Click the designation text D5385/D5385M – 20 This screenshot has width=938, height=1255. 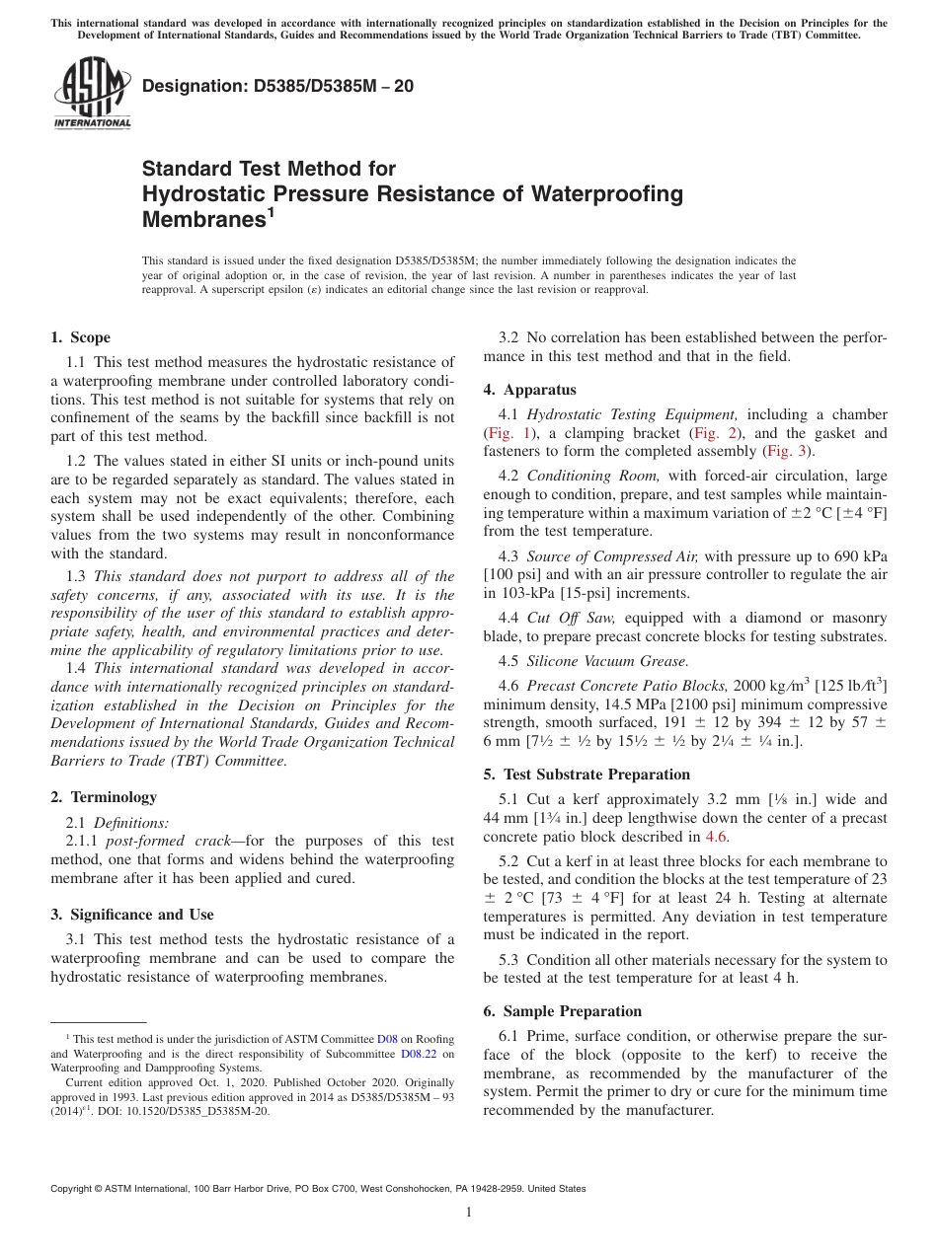point(277,87)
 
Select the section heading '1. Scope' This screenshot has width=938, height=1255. point(81,337)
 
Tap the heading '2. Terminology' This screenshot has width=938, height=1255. point(104,797)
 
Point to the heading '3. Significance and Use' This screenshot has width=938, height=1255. point(132,915)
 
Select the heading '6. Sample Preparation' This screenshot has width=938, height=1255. point(563,1011)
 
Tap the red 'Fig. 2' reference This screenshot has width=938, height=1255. point(713,433)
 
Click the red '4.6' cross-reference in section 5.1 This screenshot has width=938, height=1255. point(715,837)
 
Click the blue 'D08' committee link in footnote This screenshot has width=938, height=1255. point(387,1039)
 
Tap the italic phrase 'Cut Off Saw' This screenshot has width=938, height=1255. point(564,618)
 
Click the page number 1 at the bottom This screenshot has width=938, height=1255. point(469,1212)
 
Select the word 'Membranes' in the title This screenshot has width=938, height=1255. point(201,219)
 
